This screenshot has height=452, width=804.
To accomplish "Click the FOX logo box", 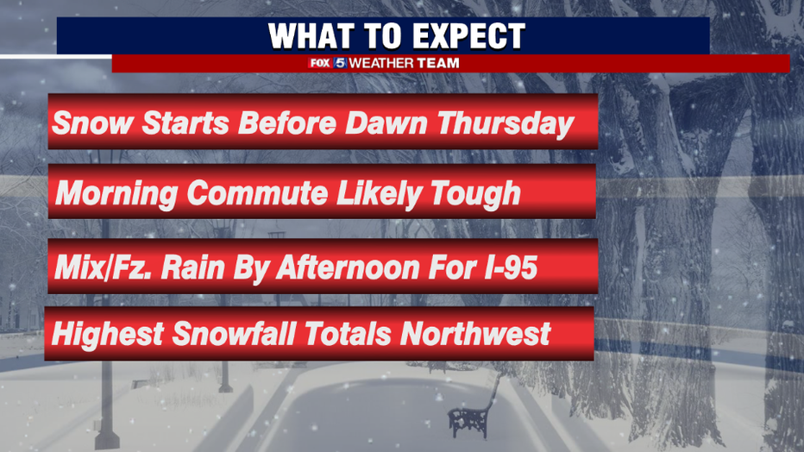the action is (x=319, y=64).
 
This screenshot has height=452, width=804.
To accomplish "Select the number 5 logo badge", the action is (x=340, y=64).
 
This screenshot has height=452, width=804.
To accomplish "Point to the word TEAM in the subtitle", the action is (x=438, y=64).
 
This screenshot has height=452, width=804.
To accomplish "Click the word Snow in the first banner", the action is (x=92, y=123).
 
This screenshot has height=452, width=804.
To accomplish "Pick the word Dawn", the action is (x=386, y=123).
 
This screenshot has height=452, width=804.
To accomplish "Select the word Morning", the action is (x=116, y=195).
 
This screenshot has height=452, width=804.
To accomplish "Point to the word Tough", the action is (x=475, y=195).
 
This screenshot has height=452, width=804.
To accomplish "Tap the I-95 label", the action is (x=506, y=267).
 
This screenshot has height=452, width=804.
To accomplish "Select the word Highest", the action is (x=107, y=335).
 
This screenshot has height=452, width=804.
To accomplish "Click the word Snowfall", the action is (x=234, y=334).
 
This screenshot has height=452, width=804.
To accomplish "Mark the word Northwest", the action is (x=475, y=334).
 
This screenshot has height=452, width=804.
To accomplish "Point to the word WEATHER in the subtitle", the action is (x=381, y=64).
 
